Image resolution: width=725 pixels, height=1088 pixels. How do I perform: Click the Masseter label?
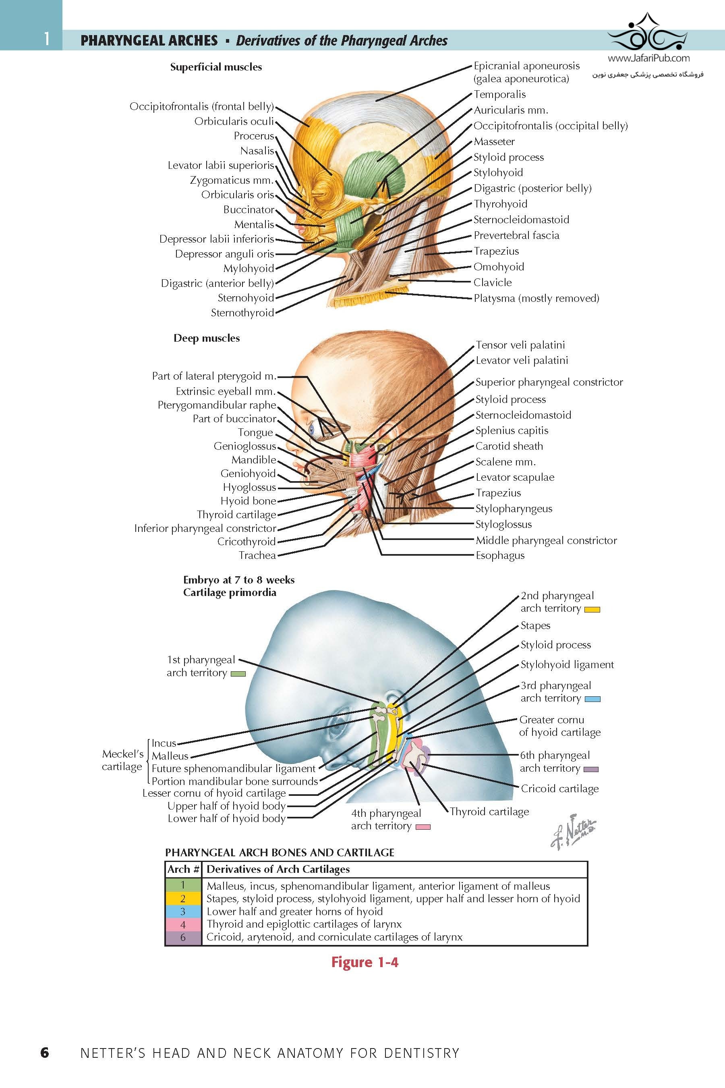coord(494,141)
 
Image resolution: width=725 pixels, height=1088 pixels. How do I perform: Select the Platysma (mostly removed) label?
coord(536,298)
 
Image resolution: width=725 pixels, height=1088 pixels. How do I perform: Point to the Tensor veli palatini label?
coord(520,345)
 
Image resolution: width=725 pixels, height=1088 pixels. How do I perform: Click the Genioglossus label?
coord(244,446)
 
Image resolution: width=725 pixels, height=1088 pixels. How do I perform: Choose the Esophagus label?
coord(500,556)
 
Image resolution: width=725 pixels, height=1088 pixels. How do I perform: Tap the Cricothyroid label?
coord(246,542)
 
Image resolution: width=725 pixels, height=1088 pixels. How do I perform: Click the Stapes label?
coord(535,625)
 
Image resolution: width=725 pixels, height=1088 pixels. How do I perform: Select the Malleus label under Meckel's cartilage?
coord(170,756)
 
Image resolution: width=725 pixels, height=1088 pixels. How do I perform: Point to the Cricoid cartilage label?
coord(559,788)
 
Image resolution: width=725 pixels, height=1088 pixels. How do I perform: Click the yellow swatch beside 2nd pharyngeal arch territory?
coord(592,610)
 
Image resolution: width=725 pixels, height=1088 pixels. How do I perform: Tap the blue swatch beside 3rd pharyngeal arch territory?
coord(592,699)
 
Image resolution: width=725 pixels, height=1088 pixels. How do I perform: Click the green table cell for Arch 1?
coord(183,885)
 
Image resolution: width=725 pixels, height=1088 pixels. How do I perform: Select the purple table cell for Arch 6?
coord(183,937)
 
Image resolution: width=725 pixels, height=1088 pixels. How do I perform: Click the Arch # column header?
coord(183,869)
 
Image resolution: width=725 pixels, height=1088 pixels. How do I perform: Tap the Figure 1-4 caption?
coord(365,962)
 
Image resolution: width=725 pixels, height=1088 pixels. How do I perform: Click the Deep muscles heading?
coord(207,338)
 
